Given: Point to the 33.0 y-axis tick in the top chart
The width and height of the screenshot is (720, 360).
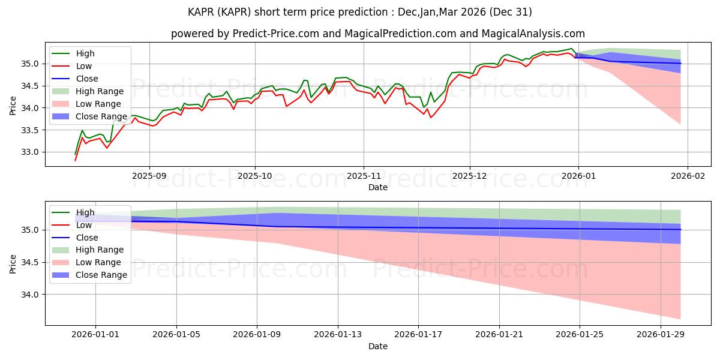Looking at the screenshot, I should (30, 152).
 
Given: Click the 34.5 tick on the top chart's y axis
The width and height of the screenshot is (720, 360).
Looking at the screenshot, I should (30, 86).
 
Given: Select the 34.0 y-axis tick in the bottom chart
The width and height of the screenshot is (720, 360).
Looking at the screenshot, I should (30, 295).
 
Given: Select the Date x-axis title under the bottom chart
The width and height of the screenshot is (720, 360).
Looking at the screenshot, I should (378, 346).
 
